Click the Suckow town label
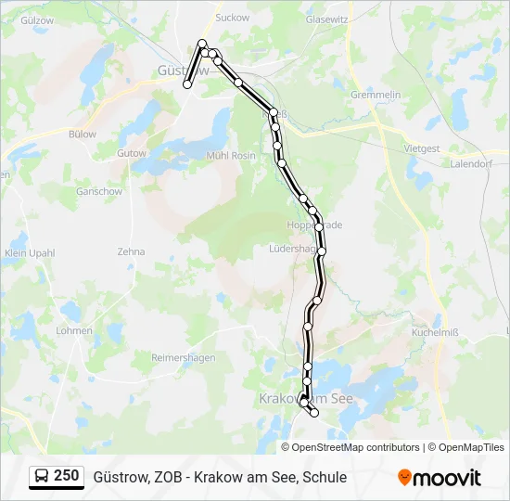[x=232, y=17]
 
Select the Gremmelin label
[x=376, y=96]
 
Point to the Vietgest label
[x=422, y=148]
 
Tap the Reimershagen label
[x=183, y=357]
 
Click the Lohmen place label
[x=73, y=329]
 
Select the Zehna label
[x=131, y=251]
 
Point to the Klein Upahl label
[x=30, y=252]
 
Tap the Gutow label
[x=132, y=153]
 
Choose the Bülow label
[x=83, y=134]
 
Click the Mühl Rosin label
[x=230, y=156]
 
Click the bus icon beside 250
[x=42, y=477]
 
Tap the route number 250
[x=66, y=476]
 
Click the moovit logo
[x=440, y=478]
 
